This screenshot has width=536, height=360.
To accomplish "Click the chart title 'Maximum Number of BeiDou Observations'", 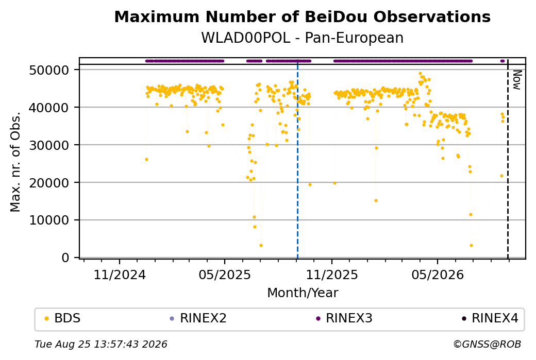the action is click(x=302, y=16).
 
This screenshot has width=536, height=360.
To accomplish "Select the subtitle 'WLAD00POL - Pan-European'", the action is click(x=302, y=38).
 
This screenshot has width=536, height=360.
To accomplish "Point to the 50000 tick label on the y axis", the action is click(x=49, y=70).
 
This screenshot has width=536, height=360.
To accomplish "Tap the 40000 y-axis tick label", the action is click(x=49, y=108).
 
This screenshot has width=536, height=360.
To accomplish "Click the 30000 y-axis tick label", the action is click(x=49, y=145).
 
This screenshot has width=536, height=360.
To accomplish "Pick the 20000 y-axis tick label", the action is click(x=49, y=183).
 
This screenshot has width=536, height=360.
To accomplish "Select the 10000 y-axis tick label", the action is click(x=49, y=220).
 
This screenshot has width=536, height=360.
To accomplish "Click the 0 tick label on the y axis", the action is click(x=65, y=258).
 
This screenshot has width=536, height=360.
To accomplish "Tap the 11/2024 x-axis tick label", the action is click(x=120, y=275).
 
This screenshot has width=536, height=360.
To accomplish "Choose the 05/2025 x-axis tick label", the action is click(x=225, y=275).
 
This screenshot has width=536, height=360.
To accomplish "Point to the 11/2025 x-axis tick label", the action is click(x=331, y=275).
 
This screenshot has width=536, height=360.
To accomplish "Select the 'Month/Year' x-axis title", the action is click(x=303, y=293).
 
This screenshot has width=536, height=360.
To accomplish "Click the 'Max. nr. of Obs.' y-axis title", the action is click(x=15, y=162).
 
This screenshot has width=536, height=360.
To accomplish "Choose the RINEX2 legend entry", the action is click(x=198, y=318).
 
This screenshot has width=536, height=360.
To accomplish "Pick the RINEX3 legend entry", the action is click(x=344, y=318).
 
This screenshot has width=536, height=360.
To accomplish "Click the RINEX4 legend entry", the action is click(x=490, y=318).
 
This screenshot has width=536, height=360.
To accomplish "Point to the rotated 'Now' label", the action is click(x=517, y=80).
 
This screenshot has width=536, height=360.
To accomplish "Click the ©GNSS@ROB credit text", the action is click(x=487, y=344).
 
